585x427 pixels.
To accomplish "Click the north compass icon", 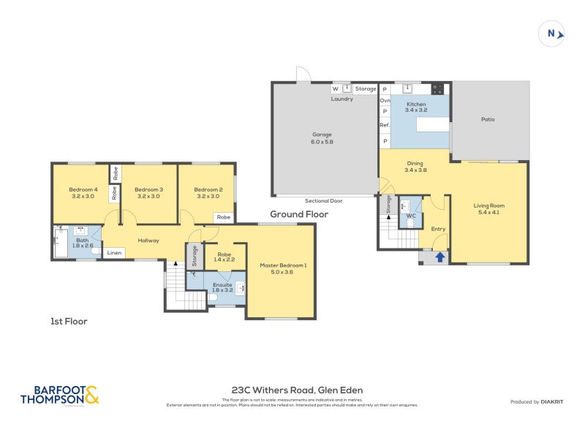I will [x=552, y=33].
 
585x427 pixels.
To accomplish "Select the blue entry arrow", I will [x=440, y=257].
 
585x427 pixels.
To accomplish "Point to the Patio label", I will [x=488, y=119].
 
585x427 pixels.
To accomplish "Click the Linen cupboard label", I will [x=114, y=253].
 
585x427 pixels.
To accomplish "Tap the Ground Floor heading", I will [x=299, y=214].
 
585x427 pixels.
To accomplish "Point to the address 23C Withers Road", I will [x=297, y=390].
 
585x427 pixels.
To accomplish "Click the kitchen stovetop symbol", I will [x=437, y=89].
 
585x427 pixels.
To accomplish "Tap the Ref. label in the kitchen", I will [x=384, y=125].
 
